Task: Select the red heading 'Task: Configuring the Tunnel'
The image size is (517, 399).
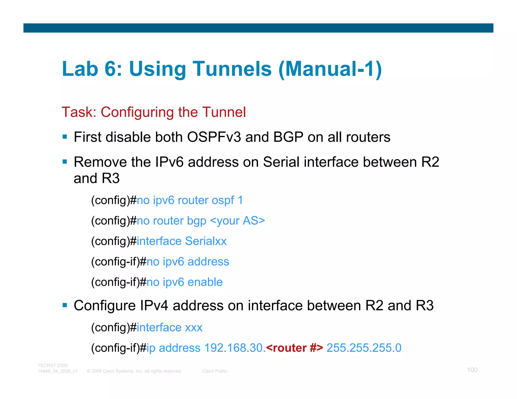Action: coord(153,112)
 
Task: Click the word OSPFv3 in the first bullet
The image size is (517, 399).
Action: coord(214,137)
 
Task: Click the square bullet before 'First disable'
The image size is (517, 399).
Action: coord(65,137)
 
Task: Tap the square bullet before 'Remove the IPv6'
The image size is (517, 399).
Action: coord(65,162)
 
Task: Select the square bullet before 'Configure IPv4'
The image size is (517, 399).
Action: coord(65,305)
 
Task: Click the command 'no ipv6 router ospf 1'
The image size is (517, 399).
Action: coord(190,200)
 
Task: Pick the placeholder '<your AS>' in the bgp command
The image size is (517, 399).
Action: coord(238,221)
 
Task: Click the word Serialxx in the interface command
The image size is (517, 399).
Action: coord(206,241)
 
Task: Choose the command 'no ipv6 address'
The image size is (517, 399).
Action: coord(188,262)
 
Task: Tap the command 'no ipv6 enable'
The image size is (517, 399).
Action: coord(185,282)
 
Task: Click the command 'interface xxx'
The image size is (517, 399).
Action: coord(169,328)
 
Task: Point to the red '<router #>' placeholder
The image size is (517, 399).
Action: coord(294,348)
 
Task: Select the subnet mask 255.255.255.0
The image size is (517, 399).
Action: coord(364,348)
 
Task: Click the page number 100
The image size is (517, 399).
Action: coord(472,370)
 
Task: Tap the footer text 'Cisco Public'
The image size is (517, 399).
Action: coord(215,371)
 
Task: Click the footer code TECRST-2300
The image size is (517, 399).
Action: coord(53,365)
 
